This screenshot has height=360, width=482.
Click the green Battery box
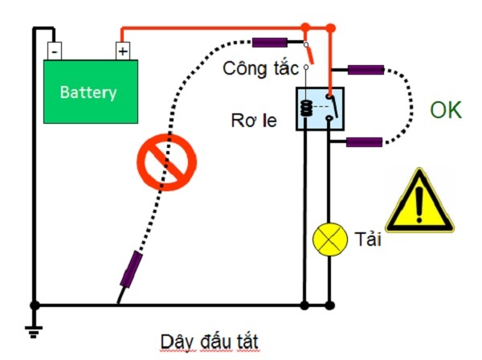tap(89, 92)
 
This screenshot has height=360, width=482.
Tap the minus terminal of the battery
tap(55, 51)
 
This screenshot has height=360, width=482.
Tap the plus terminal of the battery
tap(122, 51)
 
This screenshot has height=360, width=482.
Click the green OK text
tap(446, 111)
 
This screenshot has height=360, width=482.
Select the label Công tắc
tap(261, 67)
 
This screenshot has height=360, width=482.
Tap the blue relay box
tap(321, 109)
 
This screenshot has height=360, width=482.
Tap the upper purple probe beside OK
tap(364, 70)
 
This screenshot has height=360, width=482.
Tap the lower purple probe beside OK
tap(363, 142)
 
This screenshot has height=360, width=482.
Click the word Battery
tap(88, 92)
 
